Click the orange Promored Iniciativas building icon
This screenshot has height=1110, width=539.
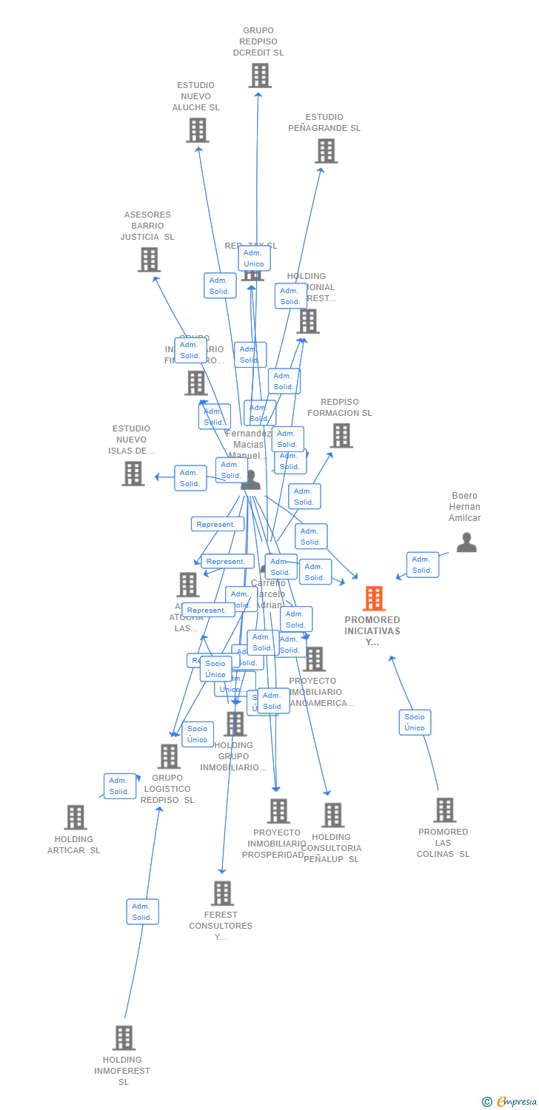374,599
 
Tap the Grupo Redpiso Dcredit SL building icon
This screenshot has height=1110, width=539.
260,75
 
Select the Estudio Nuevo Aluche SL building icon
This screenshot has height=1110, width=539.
197,130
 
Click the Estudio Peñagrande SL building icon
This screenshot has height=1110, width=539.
326,151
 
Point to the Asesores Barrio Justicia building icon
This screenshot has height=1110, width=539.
149,260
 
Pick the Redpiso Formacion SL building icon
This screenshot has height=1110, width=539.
341,436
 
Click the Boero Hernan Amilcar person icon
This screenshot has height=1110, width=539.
466,542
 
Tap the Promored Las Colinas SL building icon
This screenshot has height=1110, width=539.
444,810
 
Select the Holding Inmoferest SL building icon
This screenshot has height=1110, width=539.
124,1038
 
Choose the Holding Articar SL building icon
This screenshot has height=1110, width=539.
76,818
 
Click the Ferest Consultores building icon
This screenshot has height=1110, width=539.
222,893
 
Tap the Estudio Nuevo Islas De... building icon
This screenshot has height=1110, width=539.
133,474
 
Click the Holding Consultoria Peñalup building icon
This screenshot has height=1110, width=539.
332,815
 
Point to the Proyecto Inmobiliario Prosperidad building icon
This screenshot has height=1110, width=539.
278,811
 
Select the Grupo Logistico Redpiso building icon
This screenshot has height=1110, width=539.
169,756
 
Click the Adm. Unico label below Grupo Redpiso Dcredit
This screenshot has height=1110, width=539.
254,258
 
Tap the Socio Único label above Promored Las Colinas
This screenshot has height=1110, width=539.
415,722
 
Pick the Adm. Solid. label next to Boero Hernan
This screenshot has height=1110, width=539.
422,565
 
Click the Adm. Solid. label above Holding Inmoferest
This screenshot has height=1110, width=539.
142,912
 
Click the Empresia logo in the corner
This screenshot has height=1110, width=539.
511,1102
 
